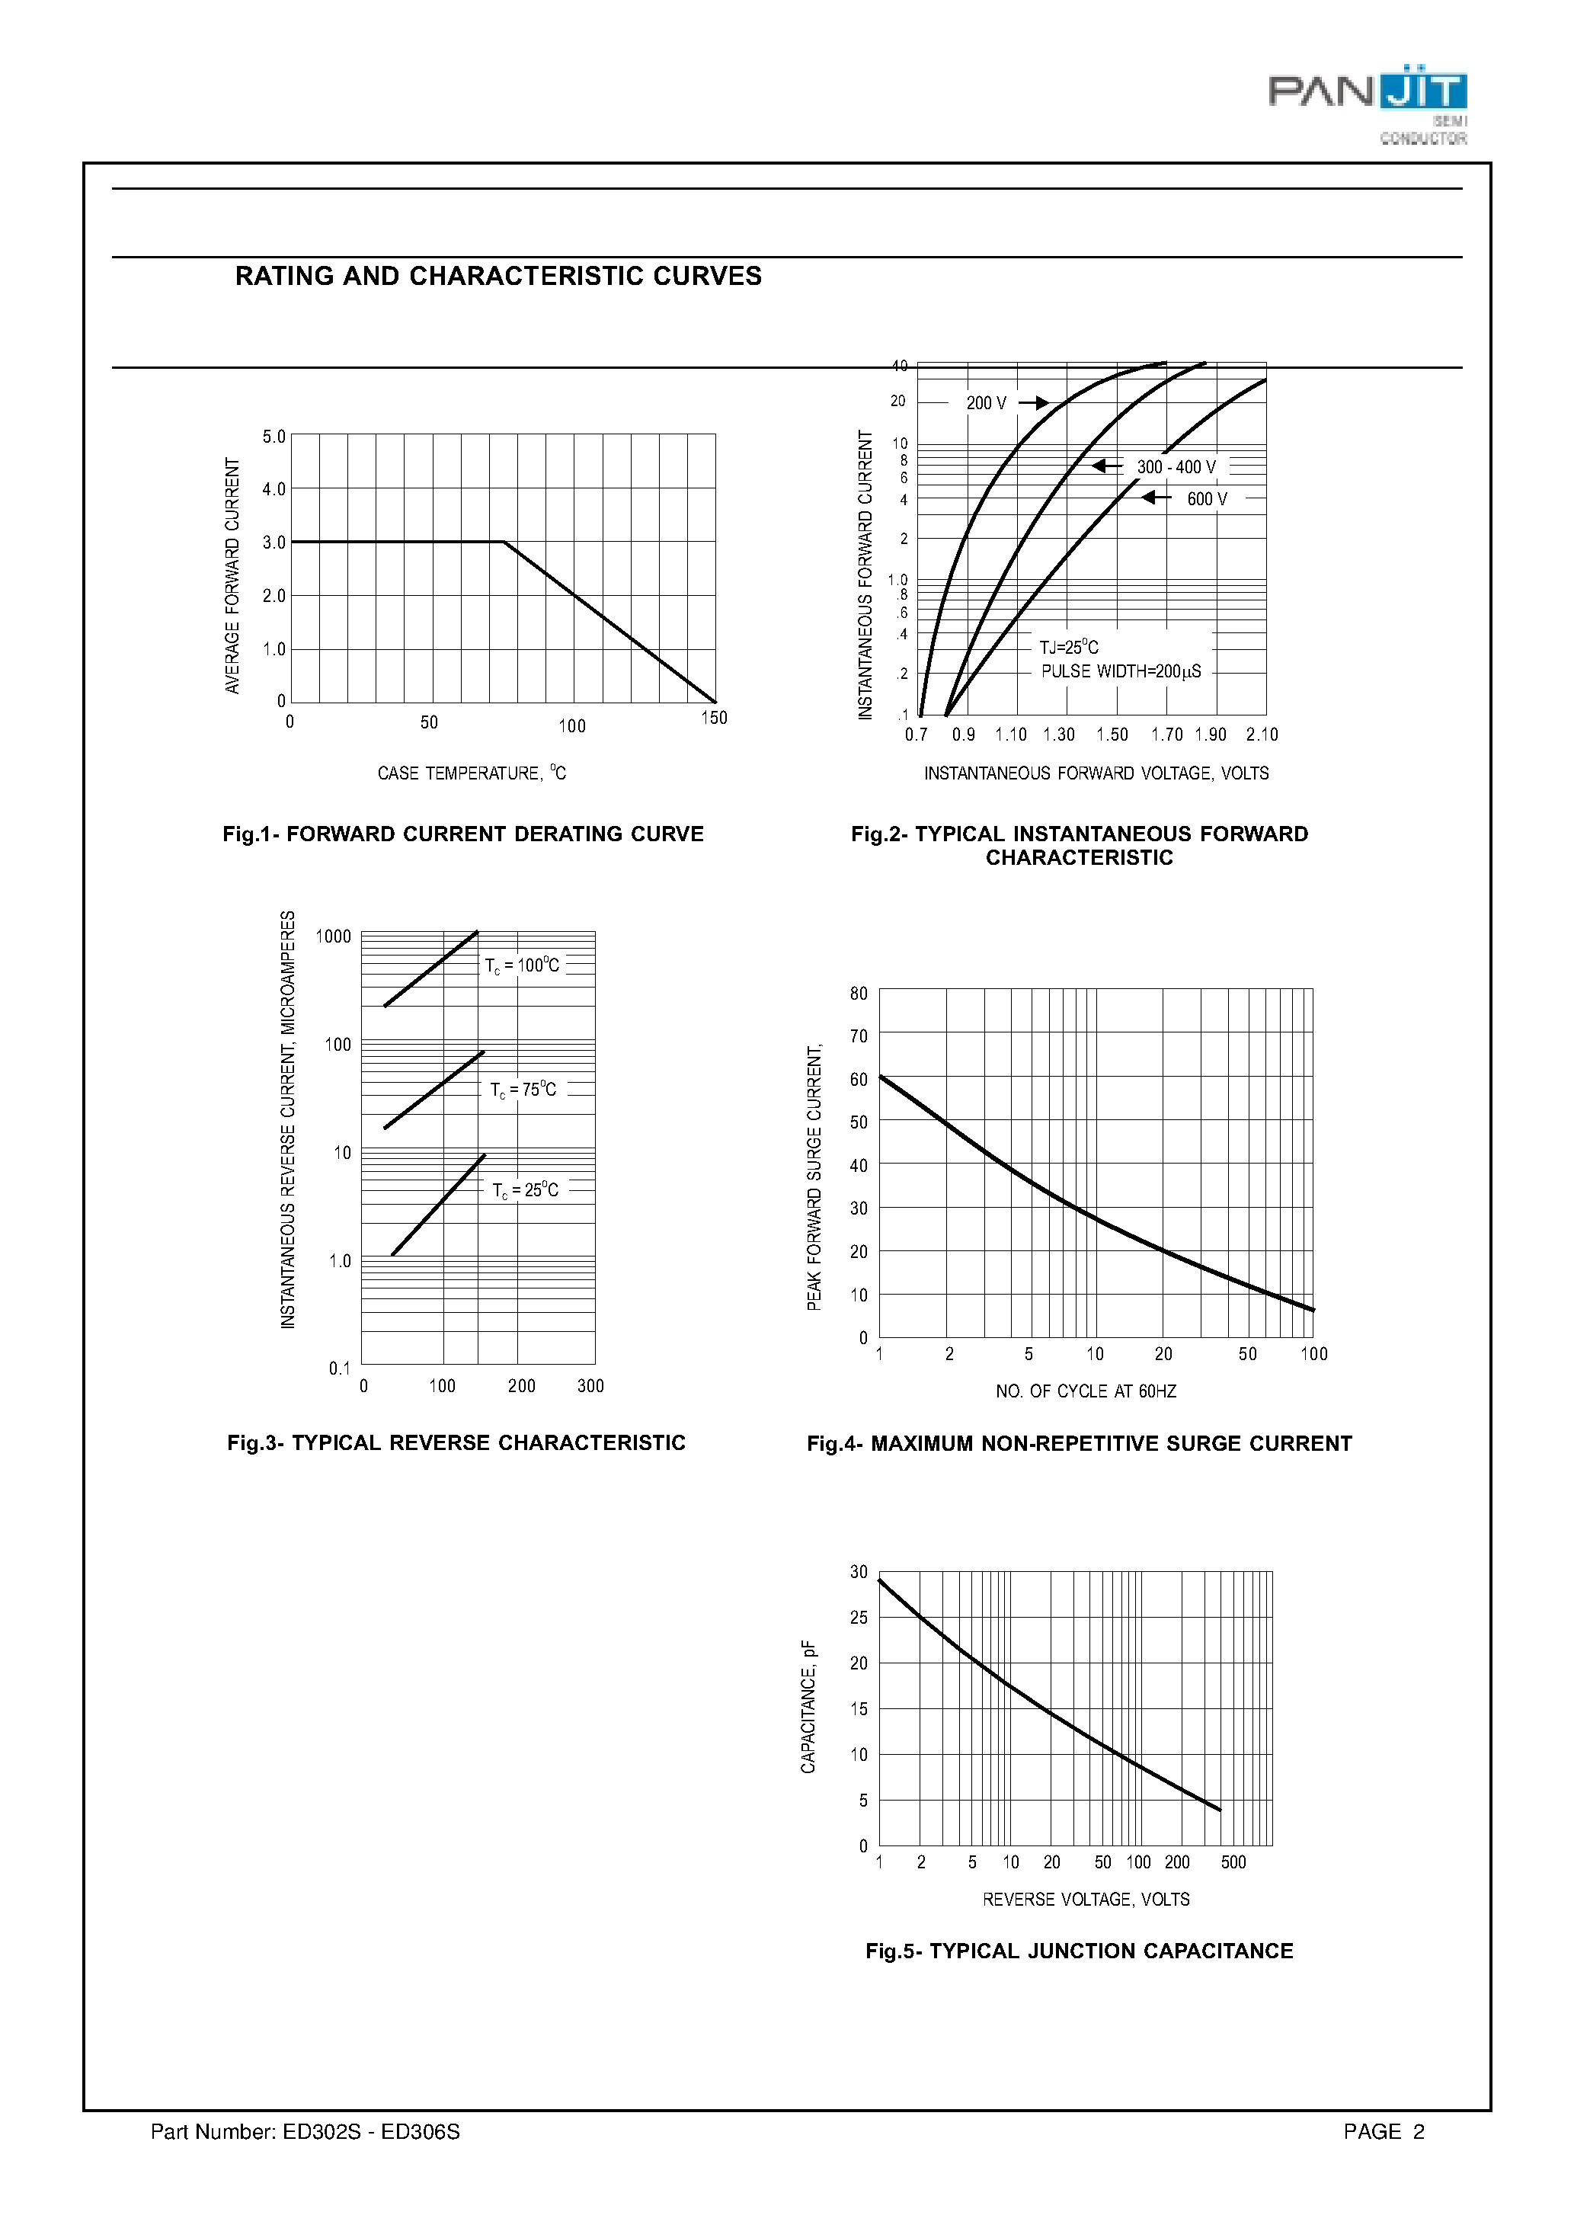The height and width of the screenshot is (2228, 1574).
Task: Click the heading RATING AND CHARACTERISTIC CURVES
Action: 497,277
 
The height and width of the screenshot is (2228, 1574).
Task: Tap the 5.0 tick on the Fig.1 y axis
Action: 274,437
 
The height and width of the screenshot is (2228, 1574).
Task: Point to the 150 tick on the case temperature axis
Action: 714,718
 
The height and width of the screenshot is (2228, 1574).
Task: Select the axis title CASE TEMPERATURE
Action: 472,773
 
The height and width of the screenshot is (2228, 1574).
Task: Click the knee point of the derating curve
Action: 504,543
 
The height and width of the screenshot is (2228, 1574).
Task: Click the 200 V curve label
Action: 986,403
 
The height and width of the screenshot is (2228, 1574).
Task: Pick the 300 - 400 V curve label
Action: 1176,467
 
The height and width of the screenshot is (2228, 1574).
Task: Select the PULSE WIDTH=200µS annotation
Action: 1121,671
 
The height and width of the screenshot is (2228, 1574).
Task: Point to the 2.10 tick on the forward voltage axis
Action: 1262,735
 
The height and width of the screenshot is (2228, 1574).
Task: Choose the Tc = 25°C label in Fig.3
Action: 525,1191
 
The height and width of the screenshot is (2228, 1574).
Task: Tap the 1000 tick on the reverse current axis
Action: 333,936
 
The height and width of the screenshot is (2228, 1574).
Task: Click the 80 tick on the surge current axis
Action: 859,994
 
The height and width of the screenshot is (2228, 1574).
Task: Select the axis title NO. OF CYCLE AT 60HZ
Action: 1086,1391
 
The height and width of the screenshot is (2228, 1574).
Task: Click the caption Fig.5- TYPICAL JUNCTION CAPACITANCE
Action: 1079,1951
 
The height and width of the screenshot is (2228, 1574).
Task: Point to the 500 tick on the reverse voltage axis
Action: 1233,1862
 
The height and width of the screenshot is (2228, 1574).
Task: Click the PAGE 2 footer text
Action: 1384,2132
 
